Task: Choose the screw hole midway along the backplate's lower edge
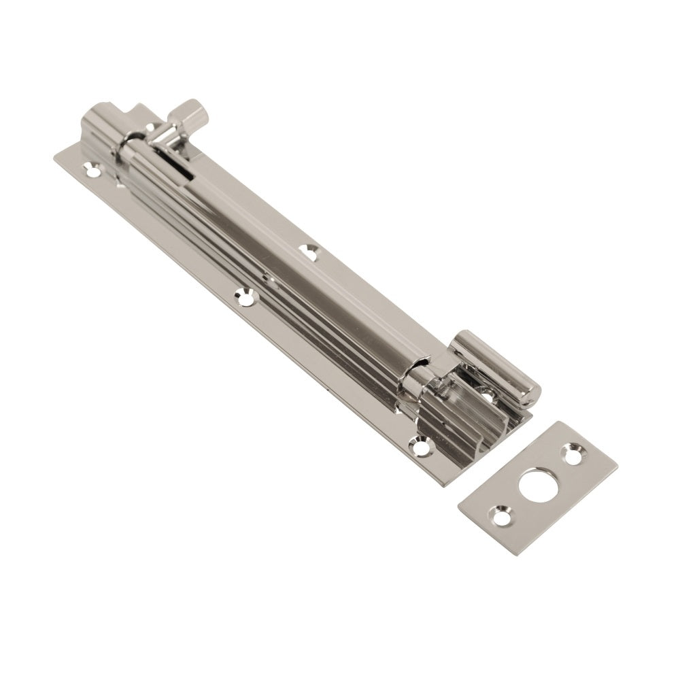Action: coord(243,296)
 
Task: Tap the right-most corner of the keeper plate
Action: coord(617,464)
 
